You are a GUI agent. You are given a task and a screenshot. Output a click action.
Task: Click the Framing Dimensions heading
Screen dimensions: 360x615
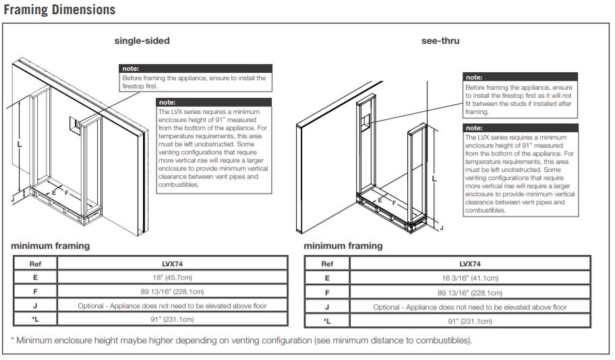(59, 10)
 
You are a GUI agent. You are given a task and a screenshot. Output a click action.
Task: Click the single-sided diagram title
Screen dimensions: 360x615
(142, 40)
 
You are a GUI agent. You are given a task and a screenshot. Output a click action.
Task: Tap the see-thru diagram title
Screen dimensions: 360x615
(440, 40)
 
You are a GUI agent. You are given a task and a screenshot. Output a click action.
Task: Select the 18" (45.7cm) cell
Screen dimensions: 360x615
(172, 277)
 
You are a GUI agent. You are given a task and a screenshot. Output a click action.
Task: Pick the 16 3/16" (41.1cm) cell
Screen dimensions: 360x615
(469, 277)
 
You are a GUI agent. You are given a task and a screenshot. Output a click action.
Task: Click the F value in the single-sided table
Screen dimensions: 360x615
(172, 292)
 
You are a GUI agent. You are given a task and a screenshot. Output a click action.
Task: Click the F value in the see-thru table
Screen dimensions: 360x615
(469, 293)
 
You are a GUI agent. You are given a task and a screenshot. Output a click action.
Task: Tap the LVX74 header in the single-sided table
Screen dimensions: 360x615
(172, 264)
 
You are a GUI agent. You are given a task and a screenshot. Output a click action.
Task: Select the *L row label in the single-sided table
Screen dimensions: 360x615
(35, 320)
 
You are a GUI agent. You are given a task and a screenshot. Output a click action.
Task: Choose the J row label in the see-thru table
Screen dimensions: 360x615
(327, 307)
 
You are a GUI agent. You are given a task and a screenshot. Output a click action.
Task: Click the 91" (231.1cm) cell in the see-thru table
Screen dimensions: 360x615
(469, 321)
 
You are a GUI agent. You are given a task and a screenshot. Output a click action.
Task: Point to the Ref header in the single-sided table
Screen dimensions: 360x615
(35, 264)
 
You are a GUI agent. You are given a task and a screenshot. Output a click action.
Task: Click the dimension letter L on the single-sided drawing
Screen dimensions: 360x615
(20, 144)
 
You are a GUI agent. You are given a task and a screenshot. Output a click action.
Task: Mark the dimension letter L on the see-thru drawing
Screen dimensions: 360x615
(434, 179)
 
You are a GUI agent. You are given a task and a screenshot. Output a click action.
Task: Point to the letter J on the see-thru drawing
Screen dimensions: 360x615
(441, 228)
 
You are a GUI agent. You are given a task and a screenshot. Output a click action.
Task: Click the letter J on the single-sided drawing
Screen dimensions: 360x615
(13, 200)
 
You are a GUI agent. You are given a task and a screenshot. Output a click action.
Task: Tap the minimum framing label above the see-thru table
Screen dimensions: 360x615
(343, 246)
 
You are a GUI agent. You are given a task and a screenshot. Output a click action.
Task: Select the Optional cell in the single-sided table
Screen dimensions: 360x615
(172, 305)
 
